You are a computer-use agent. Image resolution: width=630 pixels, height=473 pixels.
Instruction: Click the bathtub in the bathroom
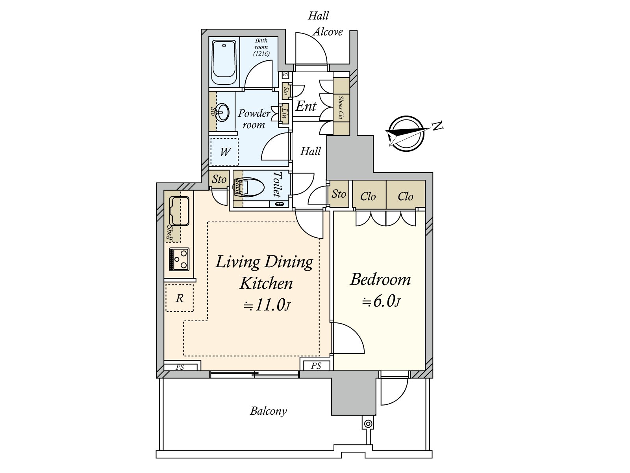(x=224, y=62)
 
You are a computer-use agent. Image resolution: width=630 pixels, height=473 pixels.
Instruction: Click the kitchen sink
(x=179, y=211)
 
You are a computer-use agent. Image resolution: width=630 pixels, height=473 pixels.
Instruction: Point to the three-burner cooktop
(x=179, y=259)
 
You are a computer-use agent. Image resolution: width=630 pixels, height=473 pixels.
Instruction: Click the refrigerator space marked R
(x=180, y=298)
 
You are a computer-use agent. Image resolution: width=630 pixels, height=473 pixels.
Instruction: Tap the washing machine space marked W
(x=224, y=152)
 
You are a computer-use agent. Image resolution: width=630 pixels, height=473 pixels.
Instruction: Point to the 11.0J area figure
(x=267, y=305)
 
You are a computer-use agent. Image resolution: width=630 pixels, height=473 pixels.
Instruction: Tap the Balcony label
(x=269, y=411)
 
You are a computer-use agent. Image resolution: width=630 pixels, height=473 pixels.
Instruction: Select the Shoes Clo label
(x=341, y=107)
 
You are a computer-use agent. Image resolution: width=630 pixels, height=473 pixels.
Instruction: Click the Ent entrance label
(x=306, y=106)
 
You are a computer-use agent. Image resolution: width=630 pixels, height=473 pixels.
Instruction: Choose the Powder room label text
(x=254, y=119)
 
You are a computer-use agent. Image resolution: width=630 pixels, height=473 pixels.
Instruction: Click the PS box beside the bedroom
(x=316, y=366)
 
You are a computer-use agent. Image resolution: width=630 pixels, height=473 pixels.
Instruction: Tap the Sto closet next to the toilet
(x=219, y=179)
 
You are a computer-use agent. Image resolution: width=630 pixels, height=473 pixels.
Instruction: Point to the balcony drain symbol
(x=368, y=424)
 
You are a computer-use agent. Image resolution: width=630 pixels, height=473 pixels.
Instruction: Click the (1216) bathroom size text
(x=261, y=54)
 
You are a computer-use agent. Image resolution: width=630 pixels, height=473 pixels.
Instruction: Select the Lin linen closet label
(x=285, y=112)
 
